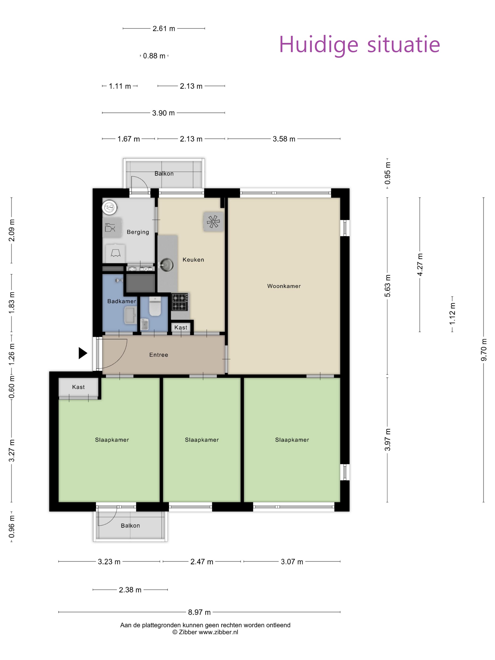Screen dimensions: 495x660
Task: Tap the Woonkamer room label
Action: [284, 286]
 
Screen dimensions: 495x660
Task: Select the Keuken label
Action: [193, 260]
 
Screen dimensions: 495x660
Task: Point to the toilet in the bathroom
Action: [155, 306]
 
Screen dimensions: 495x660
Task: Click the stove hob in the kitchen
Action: [180, 302]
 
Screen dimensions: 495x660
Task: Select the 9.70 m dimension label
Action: [484, 350]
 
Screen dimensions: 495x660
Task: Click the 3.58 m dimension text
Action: [284, 139]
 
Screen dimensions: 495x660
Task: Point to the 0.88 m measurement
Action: [154, 56]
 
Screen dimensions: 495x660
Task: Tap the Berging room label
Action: [138, 232]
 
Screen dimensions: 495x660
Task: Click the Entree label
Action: [159, 355]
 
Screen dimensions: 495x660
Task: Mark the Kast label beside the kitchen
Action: [181, 327]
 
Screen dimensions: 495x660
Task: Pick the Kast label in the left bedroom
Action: [78, 387]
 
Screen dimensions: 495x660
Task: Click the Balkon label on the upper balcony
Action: [164, 174]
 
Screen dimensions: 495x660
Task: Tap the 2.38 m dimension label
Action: [130, 590]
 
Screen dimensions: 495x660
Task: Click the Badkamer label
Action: [122, 301]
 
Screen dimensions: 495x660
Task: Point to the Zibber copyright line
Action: [205, 632]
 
